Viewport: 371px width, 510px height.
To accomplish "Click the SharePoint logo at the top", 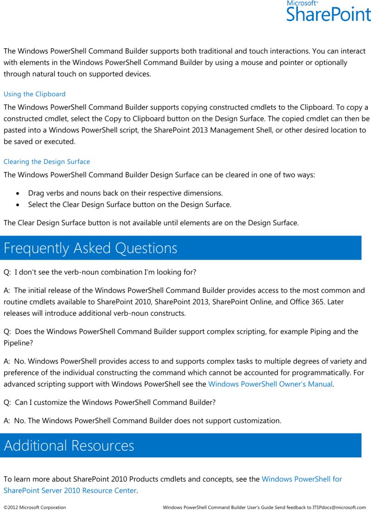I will coord(328,13).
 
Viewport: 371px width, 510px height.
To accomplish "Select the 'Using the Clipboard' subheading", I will coord(34,94).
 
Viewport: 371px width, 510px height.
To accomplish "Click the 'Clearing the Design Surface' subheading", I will coord(47,162).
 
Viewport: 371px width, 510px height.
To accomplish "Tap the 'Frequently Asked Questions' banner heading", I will coord(90,248).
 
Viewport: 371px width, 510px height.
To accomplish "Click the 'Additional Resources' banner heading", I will coord(69,446).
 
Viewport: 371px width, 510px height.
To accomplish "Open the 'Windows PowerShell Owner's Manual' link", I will coord(270,384).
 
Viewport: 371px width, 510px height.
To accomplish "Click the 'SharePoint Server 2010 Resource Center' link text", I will coord(70,491).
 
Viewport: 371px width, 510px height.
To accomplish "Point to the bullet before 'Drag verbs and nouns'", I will coord(18,193).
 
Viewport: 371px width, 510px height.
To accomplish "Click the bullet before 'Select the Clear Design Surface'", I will coord(18,205).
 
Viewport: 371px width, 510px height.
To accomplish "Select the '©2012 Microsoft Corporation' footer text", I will coord(35,508).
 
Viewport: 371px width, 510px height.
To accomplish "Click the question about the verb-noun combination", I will coord(100,272).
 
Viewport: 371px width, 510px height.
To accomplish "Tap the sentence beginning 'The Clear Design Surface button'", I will coord(151,223).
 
